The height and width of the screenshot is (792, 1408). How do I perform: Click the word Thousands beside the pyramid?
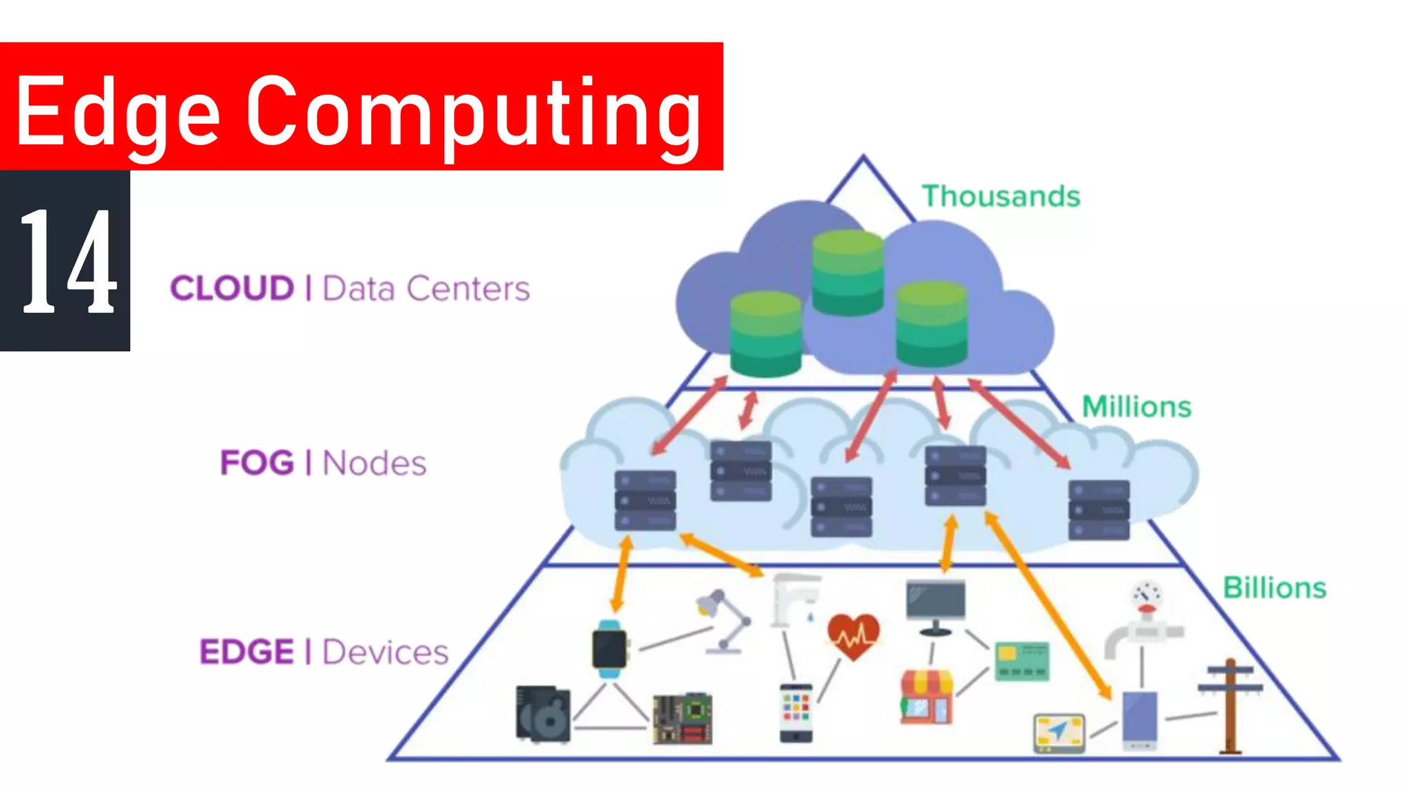pyautogui.click(x=1001, y=197)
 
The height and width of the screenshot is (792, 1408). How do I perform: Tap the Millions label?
pyautogui.click(x=1136, y=407)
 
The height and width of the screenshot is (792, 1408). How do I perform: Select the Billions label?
pyautogui.click(x=1274, y=588)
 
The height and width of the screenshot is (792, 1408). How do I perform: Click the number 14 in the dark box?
pyautogui.click(x=67, y=261)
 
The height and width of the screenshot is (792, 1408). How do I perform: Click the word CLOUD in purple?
pyautogui.click(x=232, y=288)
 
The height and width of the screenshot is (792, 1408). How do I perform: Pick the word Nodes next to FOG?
pyautogui.click(x=375, y=463)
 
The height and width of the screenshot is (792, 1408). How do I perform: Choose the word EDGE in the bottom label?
pyautogui.click(x=247, y=652)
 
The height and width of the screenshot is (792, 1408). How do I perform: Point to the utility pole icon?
pyautogui.click(x=1230, y=705)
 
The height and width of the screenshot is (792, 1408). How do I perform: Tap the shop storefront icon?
pyautogui.click(x=927, y=697)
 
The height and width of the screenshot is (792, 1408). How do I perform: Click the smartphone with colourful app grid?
pyautogui.click(x=796, y=712)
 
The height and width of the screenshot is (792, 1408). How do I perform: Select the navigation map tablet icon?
pyautogui.click(x=1059, y=733)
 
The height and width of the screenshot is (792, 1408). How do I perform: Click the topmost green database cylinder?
pyautogui.click(x=847, y=272)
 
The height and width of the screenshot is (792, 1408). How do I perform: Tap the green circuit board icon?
pyautogui.click(x=683, y=719)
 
